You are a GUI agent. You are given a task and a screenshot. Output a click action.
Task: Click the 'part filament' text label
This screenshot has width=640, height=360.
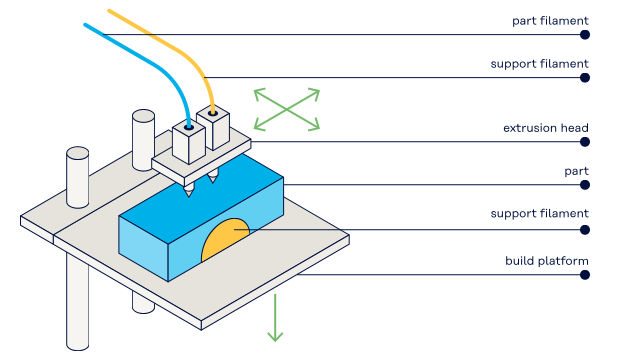pos(550,21)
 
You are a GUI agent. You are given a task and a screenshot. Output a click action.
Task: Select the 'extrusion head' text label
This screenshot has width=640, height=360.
pos(546,128)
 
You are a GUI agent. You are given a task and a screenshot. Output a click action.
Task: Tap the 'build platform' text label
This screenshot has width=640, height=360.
pos(547,261)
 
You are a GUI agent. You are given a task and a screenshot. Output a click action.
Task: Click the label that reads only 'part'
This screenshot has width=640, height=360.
pos(576,171)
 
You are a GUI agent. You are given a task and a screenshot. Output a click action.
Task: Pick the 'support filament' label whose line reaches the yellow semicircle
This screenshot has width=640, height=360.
pos(539,213)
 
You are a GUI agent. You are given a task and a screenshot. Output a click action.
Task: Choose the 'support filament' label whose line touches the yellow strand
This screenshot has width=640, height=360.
pos(539,64)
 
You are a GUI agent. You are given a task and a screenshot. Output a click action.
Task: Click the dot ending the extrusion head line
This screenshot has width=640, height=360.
pos(585,142)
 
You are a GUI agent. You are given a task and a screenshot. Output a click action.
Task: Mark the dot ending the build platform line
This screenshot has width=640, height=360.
pos(585,275)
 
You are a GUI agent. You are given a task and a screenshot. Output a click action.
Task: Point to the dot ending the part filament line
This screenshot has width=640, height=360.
pos(585,35)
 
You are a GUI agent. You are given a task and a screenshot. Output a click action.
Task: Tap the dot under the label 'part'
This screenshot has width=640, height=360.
pos(585,185)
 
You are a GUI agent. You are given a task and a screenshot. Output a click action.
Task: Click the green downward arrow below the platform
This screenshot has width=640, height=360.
pos(275,318)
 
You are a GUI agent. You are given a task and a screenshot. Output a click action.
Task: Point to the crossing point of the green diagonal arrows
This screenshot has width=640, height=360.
pos(287,109)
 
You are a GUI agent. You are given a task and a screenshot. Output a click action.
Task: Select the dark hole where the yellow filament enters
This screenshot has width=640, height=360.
pos(212,112)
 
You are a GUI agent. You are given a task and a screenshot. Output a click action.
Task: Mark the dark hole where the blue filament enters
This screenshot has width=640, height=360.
pos(189,127)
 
